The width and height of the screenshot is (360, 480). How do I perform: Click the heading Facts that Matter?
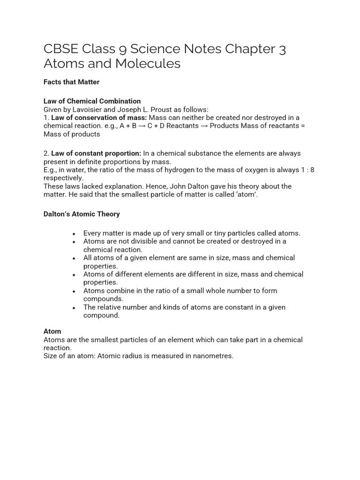click(71, 82)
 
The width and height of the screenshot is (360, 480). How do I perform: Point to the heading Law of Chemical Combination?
click(92, 101)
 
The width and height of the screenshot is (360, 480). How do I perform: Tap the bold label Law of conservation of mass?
click(99, 118)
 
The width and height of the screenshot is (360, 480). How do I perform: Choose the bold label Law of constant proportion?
click(96, 153)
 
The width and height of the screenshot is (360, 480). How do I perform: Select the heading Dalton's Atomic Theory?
click(82, 214)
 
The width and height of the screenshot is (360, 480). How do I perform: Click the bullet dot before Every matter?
click(74, 233)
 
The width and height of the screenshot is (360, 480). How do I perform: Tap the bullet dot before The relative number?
click(74, 307)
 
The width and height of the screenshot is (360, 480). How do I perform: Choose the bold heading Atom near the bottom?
click(52, 331)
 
